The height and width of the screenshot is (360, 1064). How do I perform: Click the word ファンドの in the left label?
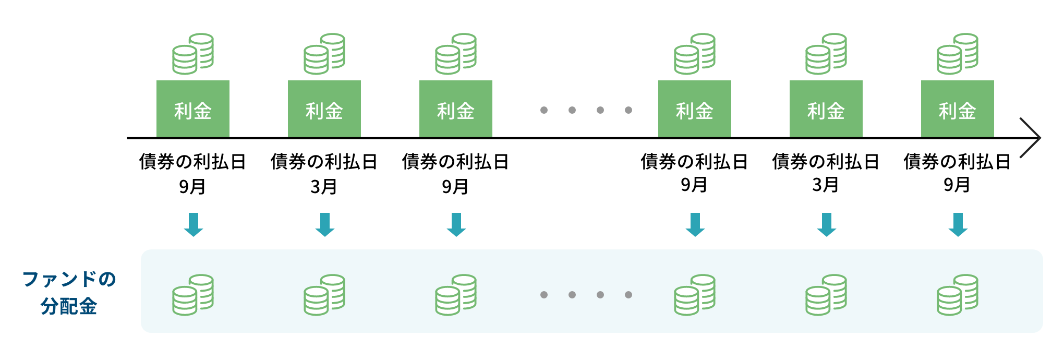click(69, 279)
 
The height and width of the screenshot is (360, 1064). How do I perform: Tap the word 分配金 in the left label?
click(69, 306)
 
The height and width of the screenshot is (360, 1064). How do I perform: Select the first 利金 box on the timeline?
click(193, 109)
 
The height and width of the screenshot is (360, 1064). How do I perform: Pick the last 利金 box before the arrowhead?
click(957, 109)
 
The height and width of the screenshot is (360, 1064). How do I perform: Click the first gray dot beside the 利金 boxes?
click(544, 110)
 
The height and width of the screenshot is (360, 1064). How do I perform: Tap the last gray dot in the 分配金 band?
click(628, 295)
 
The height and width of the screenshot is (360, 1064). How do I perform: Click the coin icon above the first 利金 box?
click(193, 54)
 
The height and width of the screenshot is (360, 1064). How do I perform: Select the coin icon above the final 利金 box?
click(957, 54)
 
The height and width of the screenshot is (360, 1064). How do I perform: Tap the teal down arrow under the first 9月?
click(193, 225)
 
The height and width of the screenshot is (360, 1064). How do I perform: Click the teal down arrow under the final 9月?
click(958, 225)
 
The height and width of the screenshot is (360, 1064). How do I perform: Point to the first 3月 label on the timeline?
click(324, 186)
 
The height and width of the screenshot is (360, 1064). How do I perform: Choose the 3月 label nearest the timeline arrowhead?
click(826, 185)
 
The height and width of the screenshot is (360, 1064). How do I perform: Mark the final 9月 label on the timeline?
click(957, 185)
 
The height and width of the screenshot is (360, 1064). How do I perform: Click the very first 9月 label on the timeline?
click(192, 186)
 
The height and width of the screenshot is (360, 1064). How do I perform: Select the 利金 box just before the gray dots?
click(455, 109)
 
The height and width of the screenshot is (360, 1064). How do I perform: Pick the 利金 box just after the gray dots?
click(694, 109)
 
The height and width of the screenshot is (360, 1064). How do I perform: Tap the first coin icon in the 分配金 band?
click(193, 295)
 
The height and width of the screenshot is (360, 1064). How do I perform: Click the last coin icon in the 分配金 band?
click(957, 295)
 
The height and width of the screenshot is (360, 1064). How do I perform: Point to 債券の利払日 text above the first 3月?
click(324, 162)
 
